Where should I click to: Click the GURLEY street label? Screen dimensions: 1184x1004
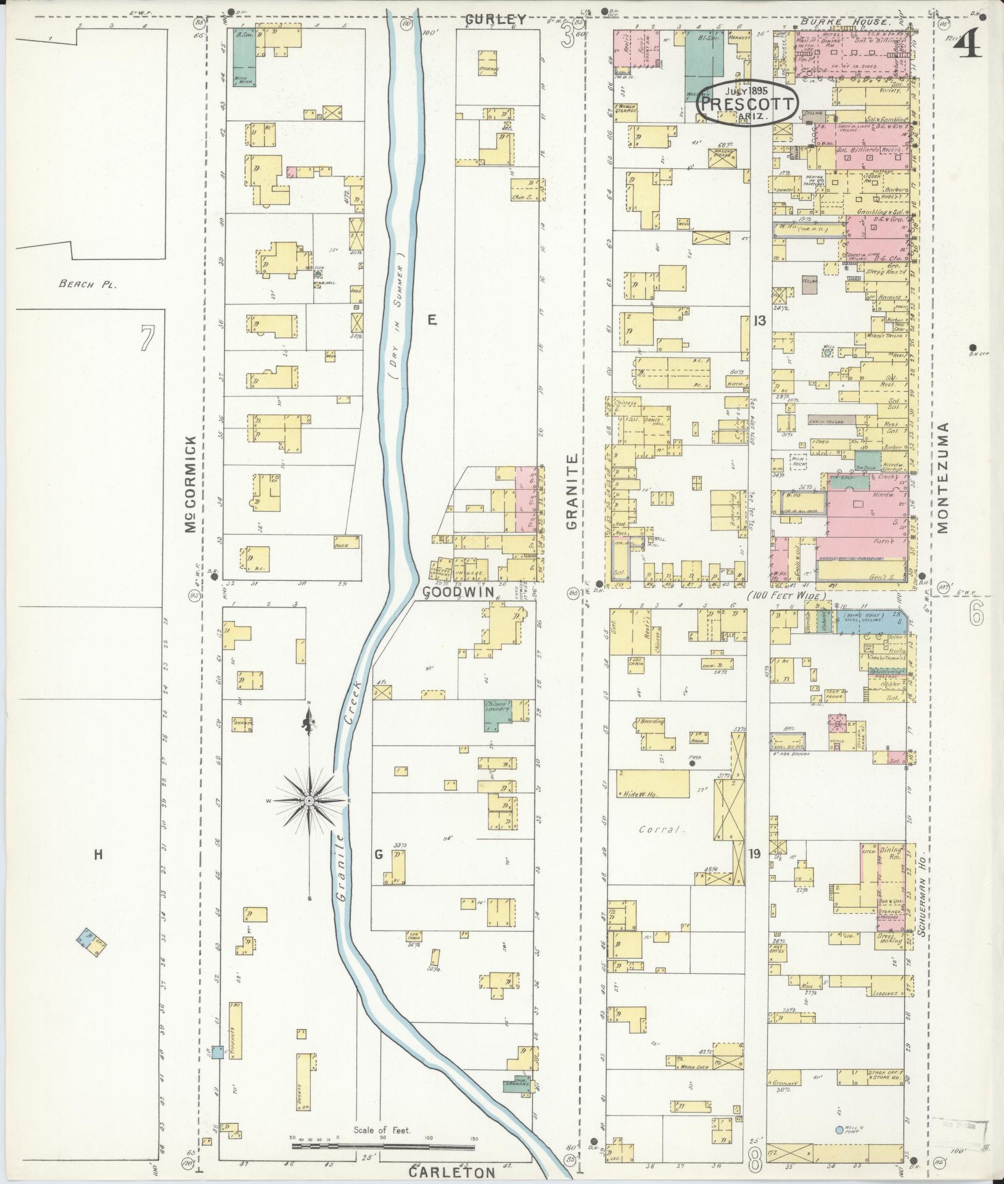pyautogui.click(x=495, y=19)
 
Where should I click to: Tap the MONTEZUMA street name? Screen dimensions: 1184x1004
pyautogui.click(x=942, y=478)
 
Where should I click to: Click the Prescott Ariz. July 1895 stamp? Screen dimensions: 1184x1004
pyautogui.click(x=747, y=104)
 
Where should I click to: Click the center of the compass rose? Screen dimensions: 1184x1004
pyautogui.click(x=308, y=801)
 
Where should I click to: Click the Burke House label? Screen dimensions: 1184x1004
pyautogui.click(x=846, y=22)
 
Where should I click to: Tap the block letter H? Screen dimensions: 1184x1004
pyautogui.click(x=97, y=855)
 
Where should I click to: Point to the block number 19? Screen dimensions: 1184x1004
pyautogui.click(x=754, y=854)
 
